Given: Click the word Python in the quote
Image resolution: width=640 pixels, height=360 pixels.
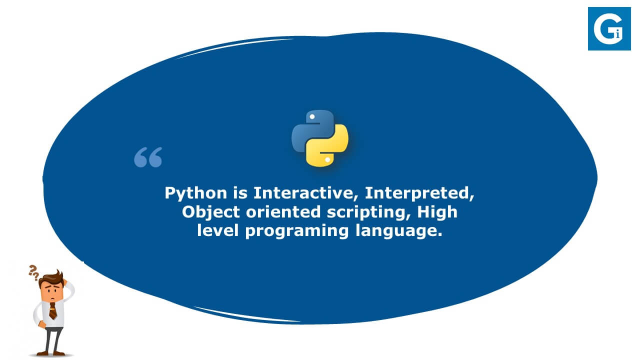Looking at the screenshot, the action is coord(196,193).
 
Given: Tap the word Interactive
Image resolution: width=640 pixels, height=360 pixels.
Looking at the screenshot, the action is coord(306,193).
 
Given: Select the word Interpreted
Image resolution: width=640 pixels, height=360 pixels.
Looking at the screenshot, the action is coord(419,193).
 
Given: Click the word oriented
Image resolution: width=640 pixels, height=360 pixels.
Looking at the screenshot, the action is coord(283,212).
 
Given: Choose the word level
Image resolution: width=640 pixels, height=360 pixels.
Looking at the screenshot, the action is coord(218,230).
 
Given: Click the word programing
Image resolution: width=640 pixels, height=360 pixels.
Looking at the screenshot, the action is coord(297,231).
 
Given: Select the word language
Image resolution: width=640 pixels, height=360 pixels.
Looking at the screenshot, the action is coord(399,231).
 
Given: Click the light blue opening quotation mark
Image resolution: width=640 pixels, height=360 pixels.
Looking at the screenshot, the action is coord(148,157).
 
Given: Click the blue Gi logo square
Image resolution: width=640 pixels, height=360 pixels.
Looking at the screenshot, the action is coord(609,29).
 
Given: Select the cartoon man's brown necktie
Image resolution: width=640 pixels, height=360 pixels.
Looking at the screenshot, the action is coord(53,310).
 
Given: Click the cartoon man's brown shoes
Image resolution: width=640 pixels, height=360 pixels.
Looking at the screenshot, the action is coord(51,353).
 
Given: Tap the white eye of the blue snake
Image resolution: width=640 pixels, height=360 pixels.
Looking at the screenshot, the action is coord(312,116).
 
